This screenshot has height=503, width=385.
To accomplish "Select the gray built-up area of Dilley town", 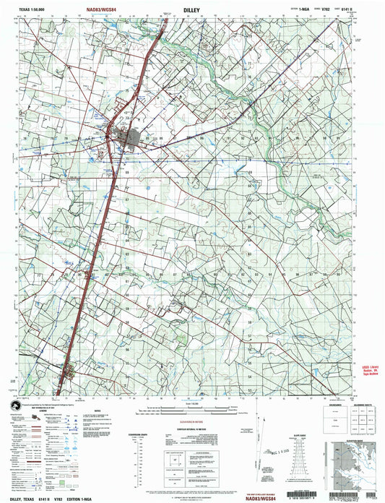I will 126,134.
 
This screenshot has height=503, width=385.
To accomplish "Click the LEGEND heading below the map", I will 43,411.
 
